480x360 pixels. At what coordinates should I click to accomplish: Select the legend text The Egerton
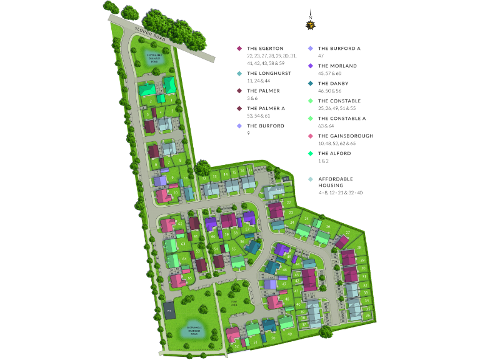265,48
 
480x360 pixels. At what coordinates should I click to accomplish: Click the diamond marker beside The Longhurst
239,73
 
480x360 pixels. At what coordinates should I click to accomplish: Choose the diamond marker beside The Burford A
310,48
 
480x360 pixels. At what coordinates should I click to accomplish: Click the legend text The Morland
337,66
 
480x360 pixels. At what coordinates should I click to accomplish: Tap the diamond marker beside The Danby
310,83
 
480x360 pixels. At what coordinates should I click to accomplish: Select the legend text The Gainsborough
346,136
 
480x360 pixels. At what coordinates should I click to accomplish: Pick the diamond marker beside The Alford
310,153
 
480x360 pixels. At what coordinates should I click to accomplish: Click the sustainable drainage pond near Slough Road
154,57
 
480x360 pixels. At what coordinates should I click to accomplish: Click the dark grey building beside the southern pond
169,309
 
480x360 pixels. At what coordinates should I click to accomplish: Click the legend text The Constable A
342,118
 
